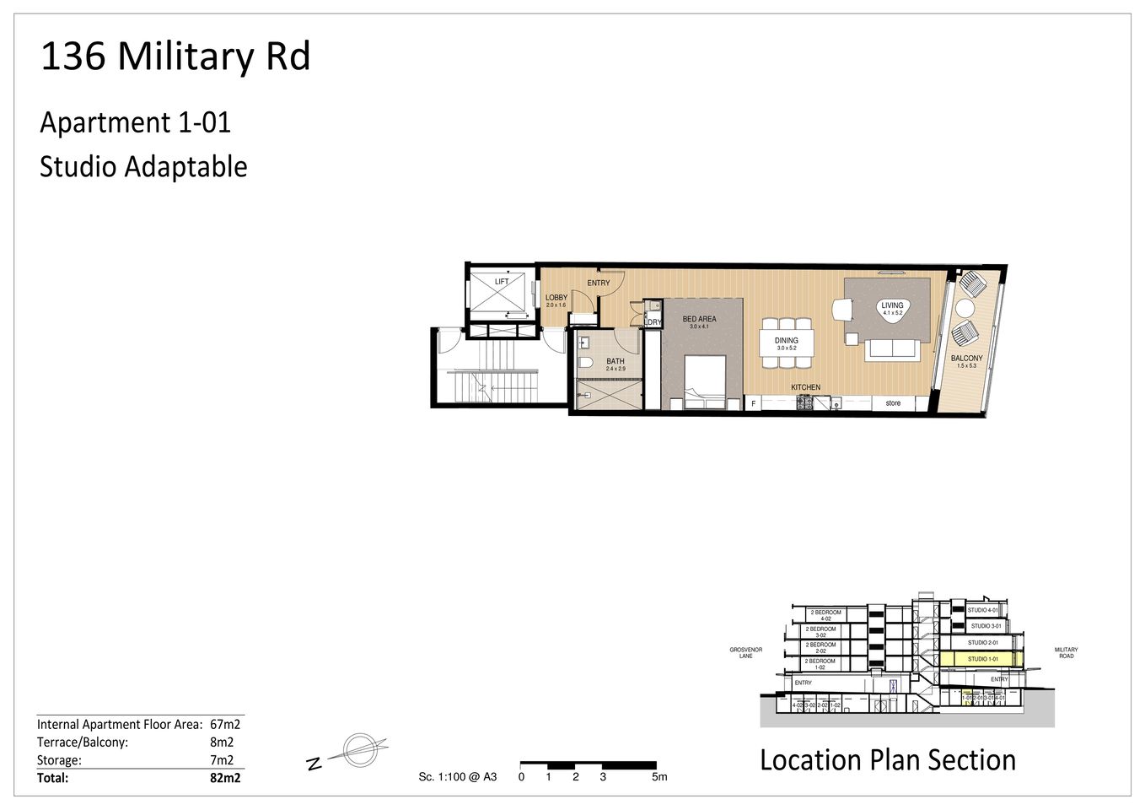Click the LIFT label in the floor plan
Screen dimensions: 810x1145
click(x=502, y=282)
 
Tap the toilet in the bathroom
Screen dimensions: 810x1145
click(x=584, y=364)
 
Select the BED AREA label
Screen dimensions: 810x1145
click(x=699, y=320)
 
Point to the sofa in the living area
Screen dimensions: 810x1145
click(x=892, y=348)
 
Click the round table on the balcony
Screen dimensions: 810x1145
click(x=965, y=309)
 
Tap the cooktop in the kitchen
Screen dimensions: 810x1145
click(x=804, y=404)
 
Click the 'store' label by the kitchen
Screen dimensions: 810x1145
click(x=893, y=403)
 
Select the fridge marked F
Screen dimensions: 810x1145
click(x=753, y=404)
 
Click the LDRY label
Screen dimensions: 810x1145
click(x=653, y=322)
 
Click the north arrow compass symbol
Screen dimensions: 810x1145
click(x=358, y=749)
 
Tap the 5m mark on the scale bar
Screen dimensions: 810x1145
click(x=659, y=777)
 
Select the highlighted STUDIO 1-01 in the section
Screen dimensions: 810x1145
click(x=982, y=659)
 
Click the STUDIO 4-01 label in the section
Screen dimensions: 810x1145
click(x=982, y=610)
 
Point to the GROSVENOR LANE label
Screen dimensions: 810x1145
click(x=745, y=653)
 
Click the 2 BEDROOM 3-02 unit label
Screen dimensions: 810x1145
click(x=820, y=632)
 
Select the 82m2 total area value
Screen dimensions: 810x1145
click(x=224, y=778)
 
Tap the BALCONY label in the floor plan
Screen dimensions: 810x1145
click(x=966, y=359)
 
